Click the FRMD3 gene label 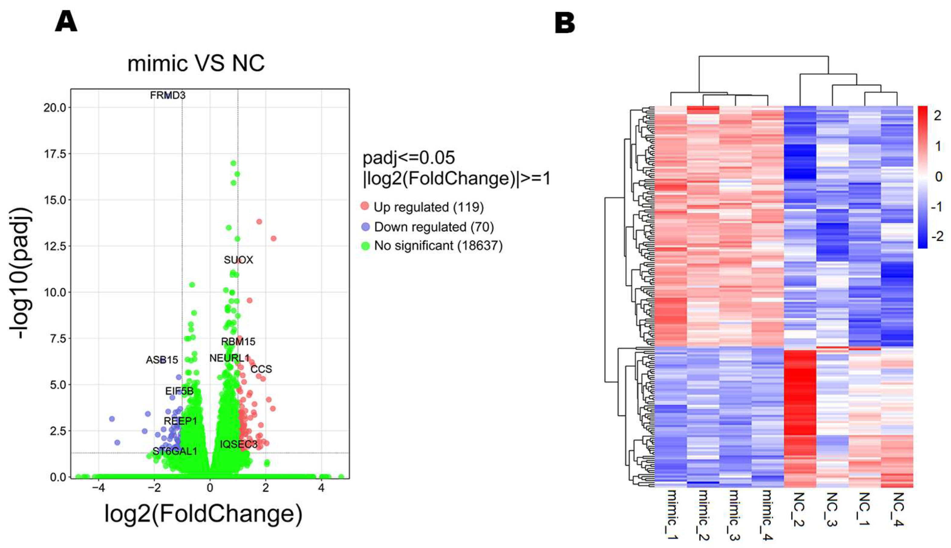pyautogui.click(x=168, y=96)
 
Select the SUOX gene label pyautogui.click(x=238, y=260)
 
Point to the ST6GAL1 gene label pyautogui.click(x=175, y=451)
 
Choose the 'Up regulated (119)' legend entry pyautogui.click(x=428, y=207)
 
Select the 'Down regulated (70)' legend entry pyautogui.click(x=433, y=227)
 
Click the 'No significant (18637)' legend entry pyautogui.click(x=438, y=246)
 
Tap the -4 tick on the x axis pyautogui.click(x=98, y=488)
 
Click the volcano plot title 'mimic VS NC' pyautogui.click(x=196, y=63)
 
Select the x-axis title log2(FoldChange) pyautogui.click(x=203, y=514)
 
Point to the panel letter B pyautogui.click(x=565, y=23)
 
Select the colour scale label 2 pyautogui.click(x=937, y=115)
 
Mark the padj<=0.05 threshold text pyautogui.click(x=409, y=158)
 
